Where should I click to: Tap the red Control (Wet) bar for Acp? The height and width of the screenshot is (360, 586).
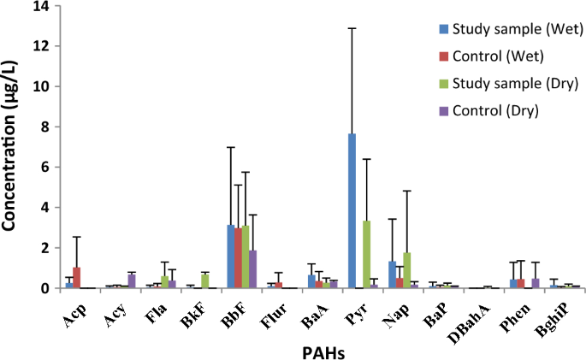(77, 278)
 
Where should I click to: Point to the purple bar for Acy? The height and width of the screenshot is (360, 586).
(132, 281)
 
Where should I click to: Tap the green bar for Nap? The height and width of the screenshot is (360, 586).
(407, 270)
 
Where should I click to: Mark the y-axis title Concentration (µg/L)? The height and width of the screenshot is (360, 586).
(13, 148)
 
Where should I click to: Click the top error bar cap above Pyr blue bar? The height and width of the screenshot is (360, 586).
(352, 28)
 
